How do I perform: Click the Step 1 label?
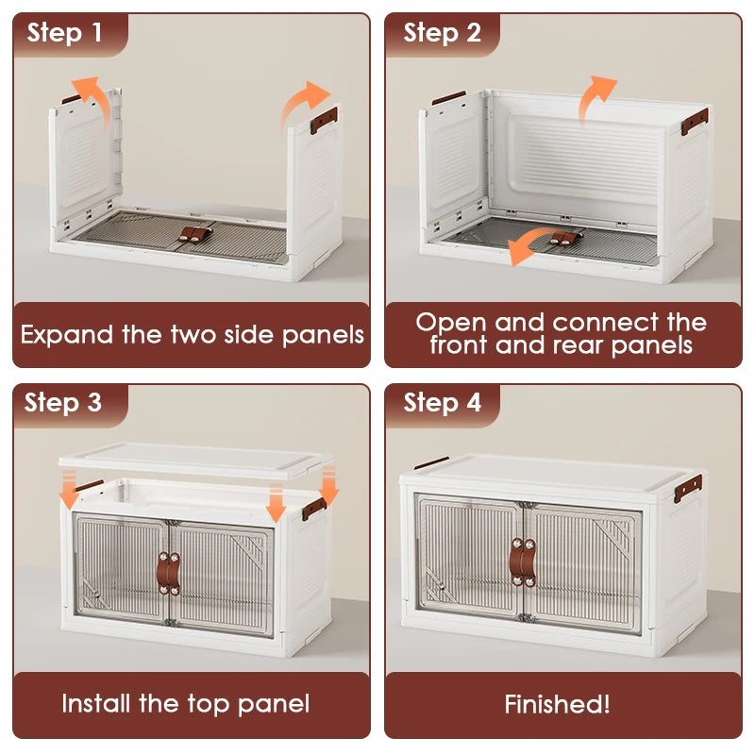point(64,33)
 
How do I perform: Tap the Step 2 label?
point(442,33)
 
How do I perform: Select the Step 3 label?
point(62,403)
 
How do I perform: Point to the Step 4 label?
point(442,403)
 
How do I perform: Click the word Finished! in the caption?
point(557,704)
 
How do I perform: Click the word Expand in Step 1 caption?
point(66,335)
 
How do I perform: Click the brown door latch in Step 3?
point(169,573)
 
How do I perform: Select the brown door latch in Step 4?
point(523,562)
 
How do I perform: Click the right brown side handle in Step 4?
point(688,488)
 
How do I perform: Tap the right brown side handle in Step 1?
point(324,121)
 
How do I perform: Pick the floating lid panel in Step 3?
point(195,460)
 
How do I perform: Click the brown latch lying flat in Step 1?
point(196,234)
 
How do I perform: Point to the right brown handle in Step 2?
point(695,122)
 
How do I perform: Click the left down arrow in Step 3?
point(69,489)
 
